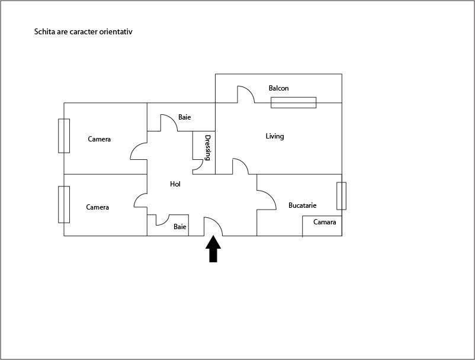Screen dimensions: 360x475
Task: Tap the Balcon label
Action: pyautogui.click(x=278, y=88)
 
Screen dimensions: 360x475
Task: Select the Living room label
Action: pyautogui.click(x=275, y=136)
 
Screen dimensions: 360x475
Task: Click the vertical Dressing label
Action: pyautogui.click(x=208, y=148)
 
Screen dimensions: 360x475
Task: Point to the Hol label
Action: pyautogui.click(x=175, y=184)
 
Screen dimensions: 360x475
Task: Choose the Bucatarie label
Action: pyautogui.click(x=302, y=205)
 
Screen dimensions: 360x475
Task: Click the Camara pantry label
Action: pyautogui.click(x=324, y=222)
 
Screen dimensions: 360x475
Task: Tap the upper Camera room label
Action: pyautogui.click(x=99, y=139)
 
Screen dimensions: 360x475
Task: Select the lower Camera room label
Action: pyautogui.click(x=97, y=207)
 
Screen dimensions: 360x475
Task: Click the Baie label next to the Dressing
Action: pyautogui.click(x=184, y=117)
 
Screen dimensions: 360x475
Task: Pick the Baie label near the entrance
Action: pyautogui.click(x=180, y=227)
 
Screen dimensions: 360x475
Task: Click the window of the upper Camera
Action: pyautogui.click(x=64, y=136)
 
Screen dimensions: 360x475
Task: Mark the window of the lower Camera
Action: pyautogui.click(x=64, y=204)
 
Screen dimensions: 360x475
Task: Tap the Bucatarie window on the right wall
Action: pyautogui.click(x=341, y=196)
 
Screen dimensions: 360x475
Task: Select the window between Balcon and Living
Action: pyautogui.click(x=293, y=102)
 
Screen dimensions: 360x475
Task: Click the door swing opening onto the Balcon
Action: pyautogui.click(x=245, y=95)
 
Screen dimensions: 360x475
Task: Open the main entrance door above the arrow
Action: pyautogui.click(x=213, y=226)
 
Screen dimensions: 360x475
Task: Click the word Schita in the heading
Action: pyautogui.click(x=44, y=31)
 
